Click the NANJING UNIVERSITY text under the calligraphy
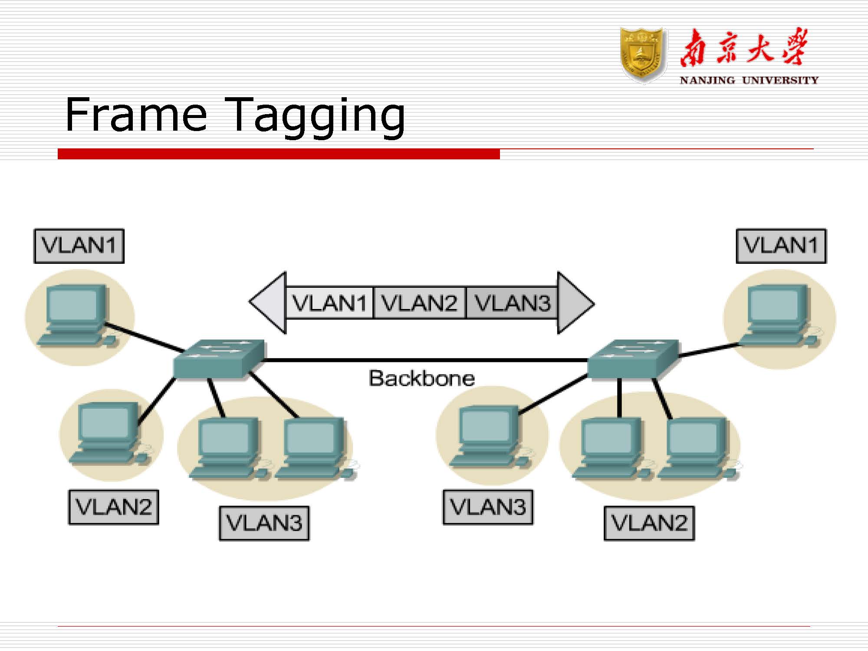click(749, 80)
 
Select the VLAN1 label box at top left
click(79, 246)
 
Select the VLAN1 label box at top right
click(781, 246)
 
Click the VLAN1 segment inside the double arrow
click(329, 303)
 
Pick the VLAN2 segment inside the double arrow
click(419, 303)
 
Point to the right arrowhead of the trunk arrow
click(575, 303)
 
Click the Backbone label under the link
click(421, 378)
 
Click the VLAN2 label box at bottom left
click(114, 507)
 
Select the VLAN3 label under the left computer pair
click(264, 523)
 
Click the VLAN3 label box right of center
click(488, 507)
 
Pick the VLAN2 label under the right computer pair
click(649, 523)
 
